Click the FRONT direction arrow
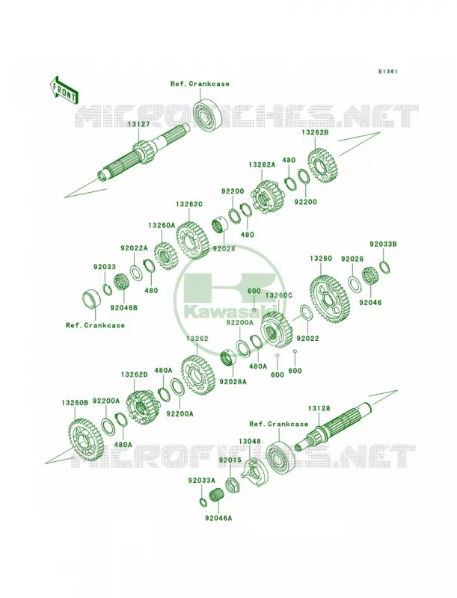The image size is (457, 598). point(64,90)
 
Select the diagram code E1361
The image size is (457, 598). point(388,71)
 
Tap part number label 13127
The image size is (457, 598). point(139,124)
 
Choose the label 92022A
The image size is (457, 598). point(134,248)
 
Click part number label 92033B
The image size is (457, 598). point(383,244)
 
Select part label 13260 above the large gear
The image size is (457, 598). point(321,258)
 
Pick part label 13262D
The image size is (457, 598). point(135,375)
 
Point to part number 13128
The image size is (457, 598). point(319,408)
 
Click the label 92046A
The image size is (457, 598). point(218,518)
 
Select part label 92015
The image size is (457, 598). point(230,460)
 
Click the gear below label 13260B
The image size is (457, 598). point(87,440)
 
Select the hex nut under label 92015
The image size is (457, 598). point(232,484)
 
